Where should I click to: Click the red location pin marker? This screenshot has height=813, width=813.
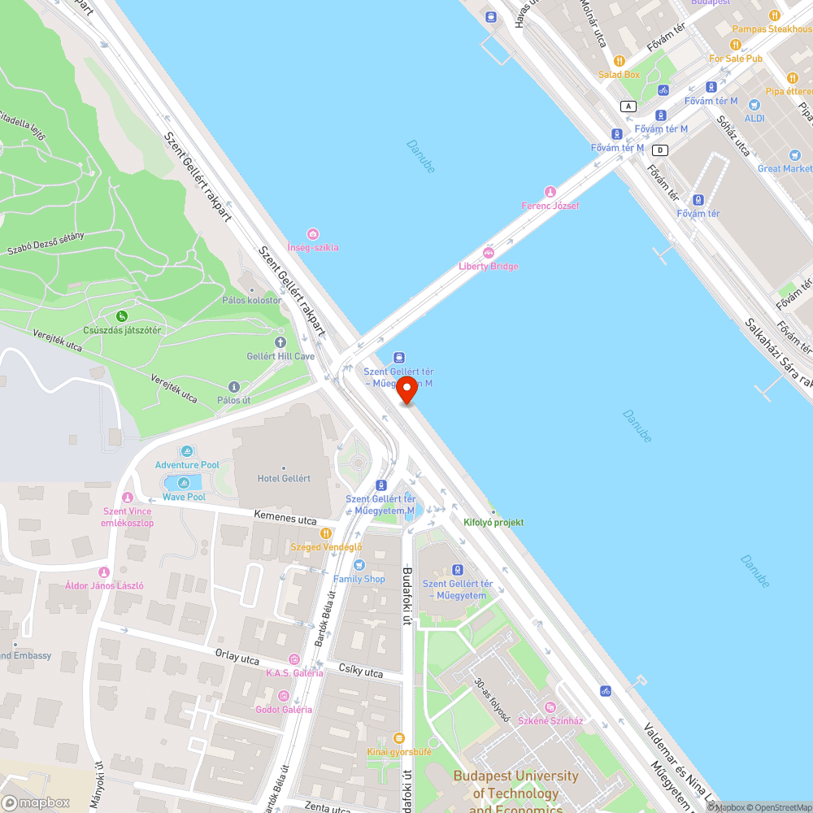pyautogui.click(x=406, y=389)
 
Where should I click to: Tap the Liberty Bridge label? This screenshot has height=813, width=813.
pyautogui.click(x=488, y=266)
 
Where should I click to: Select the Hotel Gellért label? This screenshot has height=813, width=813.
pyautogui.click(x=283, y=478)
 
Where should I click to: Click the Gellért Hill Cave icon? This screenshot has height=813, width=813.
pyautogui.click(x=280, y=343)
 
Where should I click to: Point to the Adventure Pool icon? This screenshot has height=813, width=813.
pyautogui.click(x=188, y=452)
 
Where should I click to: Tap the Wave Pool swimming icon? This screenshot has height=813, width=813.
pyautogui.click(x=184, y=483)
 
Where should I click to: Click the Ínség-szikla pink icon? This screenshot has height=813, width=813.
pyautogui.click(x=313, y=234)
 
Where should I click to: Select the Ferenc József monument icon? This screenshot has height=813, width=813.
pyautogui.click(x=550, y=192)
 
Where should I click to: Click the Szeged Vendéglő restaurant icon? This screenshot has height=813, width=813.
pyautogui.click(x=326, y=533)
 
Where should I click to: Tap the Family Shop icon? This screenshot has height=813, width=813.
pyautogui.click(x=359, y=565)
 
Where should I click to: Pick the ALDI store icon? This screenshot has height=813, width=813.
pyautogui.click(x=754, y=105)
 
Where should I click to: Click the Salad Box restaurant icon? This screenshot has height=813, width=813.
pyautogui.click(x=619, y=61)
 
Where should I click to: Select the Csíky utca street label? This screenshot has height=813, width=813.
pyautogui.click(x=360, y=672)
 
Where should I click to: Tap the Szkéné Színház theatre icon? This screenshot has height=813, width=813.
pyautogui.click(x=550, y=707)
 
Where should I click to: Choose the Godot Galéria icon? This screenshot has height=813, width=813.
pyautogui.click(x=284, y=695)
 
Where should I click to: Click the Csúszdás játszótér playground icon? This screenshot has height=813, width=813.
pyautogui.click(x=122, y=316)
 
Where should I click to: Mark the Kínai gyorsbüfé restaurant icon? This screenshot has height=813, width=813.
pyautogui.click(x=398, y=738)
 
